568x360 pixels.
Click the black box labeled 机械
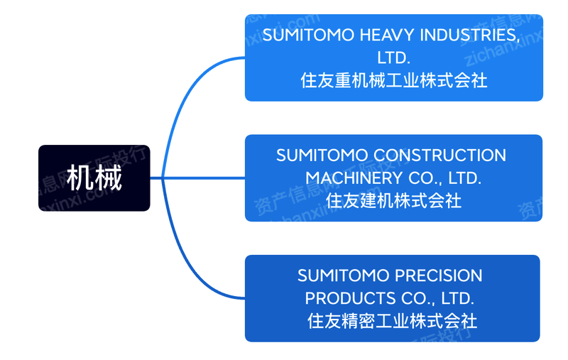94,178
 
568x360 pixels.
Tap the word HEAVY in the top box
386,35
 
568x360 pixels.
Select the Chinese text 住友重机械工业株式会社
394,80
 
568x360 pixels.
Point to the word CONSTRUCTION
439,156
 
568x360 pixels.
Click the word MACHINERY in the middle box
354,178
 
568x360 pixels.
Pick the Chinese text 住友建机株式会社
394,200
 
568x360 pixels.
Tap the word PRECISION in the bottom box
437,276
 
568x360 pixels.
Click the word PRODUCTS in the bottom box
350,298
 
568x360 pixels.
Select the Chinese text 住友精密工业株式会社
393,321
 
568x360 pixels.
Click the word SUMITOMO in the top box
308,35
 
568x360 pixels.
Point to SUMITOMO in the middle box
322,156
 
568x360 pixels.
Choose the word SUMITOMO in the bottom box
342,276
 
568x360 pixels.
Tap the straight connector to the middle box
198,178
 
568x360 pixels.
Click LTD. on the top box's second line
394,58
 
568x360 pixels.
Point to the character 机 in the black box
80,178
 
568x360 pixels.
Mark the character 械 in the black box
108,178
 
